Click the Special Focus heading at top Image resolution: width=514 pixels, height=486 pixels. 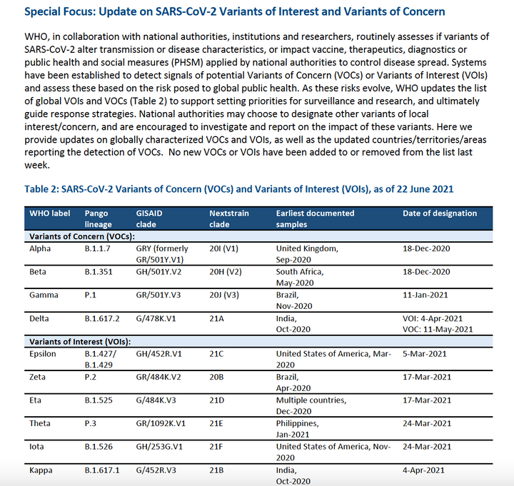pos(235,12)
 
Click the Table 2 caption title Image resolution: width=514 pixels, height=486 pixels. pos(239,189)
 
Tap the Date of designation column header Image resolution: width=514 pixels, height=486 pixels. pos(440,213)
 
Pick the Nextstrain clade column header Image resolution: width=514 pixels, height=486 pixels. pos(228,218)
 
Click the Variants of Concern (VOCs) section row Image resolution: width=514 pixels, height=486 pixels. pos(82,236)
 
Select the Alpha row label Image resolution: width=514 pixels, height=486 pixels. pos(40,248)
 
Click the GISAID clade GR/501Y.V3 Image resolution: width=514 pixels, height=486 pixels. pos(161,295)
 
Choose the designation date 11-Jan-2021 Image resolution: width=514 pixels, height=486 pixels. pos(427,295)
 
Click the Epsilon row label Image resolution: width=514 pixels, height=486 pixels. pos(44,354)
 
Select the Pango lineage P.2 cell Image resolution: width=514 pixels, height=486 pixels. pos(91,377)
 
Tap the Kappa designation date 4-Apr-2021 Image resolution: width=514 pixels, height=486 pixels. pos(425,470)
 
